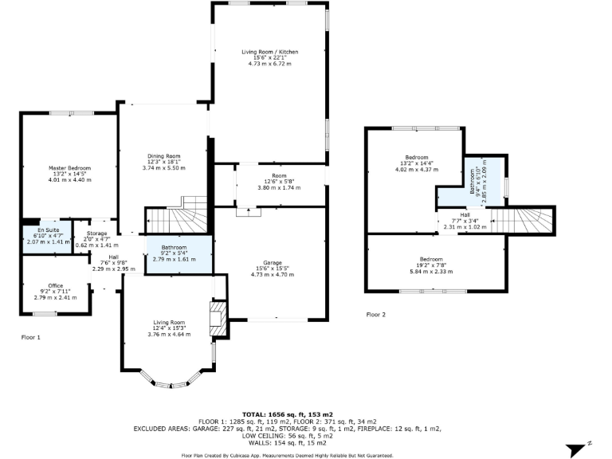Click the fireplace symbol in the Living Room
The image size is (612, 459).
tap(217, 319)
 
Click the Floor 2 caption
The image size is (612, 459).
tap(376, 315)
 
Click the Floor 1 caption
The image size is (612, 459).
tap(30, 337)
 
